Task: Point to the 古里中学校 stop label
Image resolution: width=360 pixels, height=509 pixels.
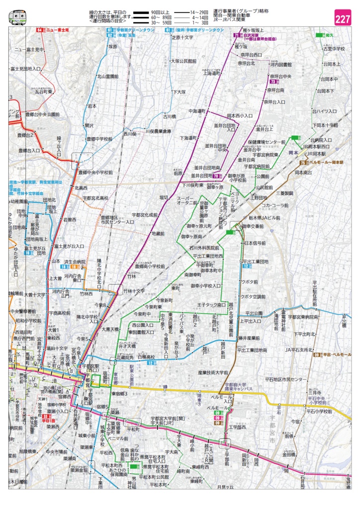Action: click(334, 49)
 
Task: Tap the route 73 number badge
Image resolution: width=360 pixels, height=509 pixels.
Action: click(273, 82)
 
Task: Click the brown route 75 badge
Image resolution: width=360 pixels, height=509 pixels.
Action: click(303, 163)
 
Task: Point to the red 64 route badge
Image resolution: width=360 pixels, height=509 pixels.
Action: click(40, 30)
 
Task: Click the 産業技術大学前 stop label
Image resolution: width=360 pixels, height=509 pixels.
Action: click(213, 372)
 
